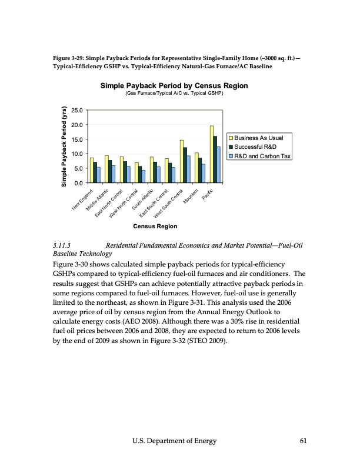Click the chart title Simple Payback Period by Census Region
coord(174,86)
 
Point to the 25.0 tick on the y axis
coord(75,111)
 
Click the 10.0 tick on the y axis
coord(75,154)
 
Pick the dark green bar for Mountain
coord(200,170)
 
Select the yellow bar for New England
coord(92,170)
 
